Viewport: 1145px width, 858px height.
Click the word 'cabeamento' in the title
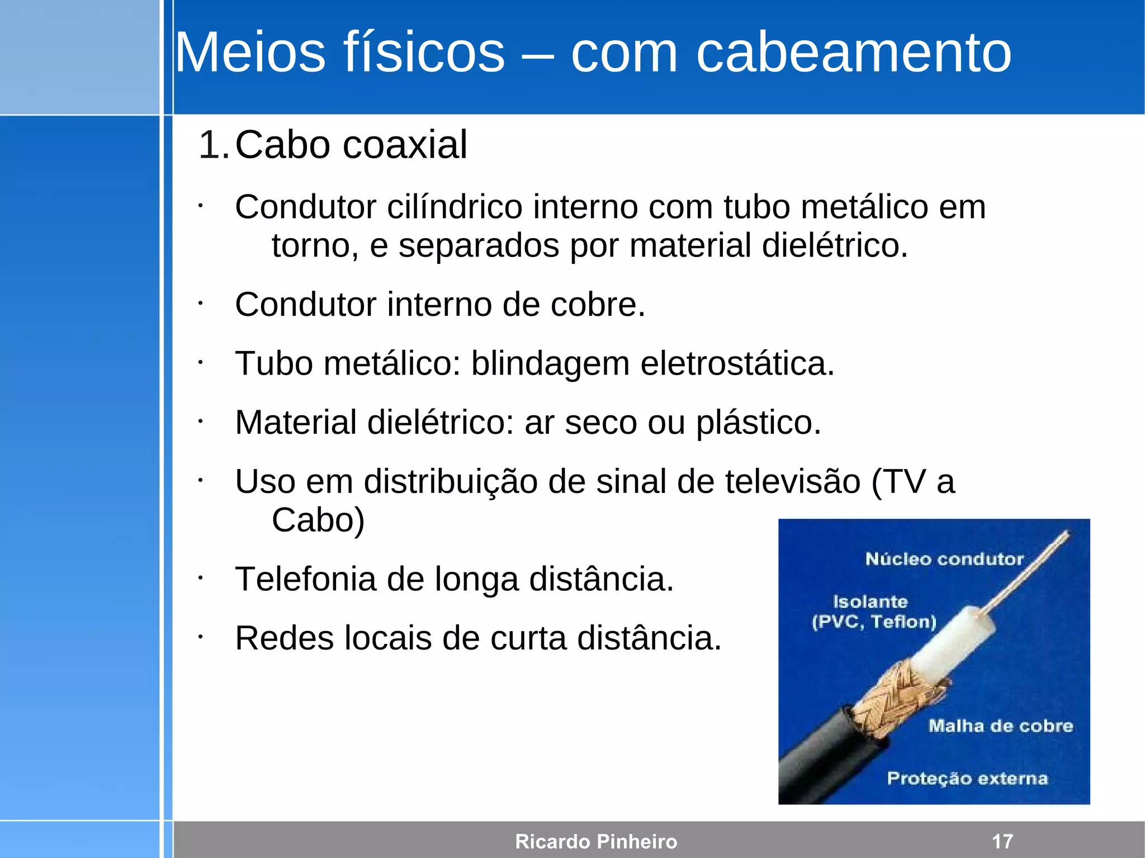853,53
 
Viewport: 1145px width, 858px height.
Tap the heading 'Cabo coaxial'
351,145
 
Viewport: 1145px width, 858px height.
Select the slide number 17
1002,841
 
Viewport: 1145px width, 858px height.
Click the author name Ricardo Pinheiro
596,841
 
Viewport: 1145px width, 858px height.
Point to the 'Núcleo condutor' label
944,558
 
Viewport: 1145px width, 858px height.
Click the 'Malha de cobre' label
1000,726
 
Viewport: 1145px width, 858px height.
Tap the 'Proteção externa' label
967,778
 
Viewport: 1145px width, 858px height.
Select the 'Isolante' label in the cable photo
870,602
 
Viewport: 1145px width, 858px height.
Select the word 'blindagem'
550,364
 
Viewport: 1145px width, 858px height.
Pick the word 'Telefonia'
305,579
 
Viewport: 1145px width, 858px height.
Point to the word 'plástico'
758,423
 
